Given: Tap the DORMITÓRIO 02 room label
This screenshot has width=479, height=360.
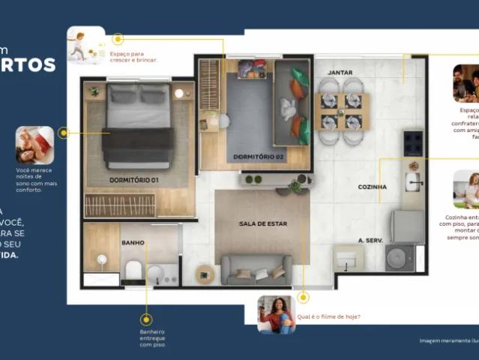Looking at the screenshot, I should point(259,157).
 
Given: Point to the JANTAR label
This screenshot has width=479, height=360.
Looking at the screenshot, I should point(340,72).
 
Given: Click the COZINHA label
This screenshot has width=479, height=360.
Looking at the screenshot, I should point(372,187).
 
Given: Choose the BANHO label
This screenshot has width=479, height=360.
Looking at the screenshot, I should point(133,243).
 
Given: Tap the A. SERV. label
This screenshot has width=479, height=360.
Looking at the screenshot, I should point(371,240).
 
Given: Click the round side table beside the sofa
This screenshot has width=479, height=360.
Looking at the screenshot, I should point(205,274).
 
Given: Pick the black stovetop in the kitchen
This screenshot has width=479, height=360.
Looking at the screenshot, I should point(412,142).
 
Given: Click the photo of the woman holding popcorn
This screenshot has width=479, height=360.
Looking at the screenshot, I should point(276,313).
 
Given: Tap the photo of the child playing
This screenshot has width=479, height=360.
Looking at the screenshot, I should point(85,45).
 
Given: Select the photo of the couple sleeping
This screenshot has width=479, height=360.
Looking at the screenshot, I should point(34,145).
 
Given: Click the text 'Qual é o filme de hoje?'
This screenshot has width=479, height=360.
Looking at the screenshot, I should point(328,316).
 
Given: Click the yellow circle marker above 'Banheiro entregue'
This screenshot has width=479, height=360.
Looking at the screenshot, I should point(146,319).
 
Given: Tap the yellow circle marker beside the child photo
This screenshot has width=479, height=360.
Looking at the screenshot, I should point(118,39).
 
